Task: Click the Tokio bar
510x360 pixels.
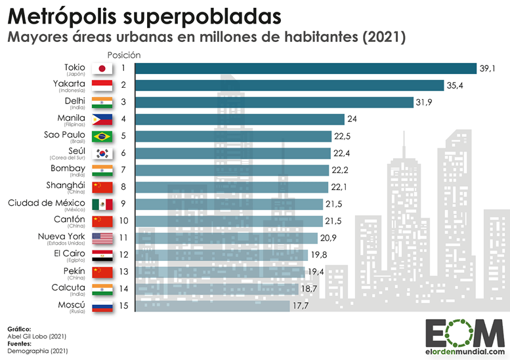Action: coord(305,68)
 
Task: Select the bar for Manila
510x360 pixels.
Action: coord(240,119)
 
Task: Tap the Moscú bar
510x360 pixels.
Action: coord(212,306)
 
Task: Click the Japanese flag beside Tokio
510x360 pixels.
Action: coord(102,68)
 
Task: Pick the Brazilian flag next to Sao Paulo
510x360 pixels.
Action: coord(102,136)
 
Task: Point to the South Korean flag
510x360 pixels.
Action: coord(102,153)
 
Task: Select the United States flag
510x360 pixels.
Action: coord(102,238)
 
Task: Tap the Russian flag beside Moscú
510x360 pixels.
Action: coord(102,306)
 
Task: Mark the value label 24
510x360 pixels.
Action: coord(353,119)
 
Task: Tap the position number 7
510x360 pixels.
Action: coord(123,170)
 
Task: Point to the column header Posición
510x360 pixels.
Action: coord(123,54)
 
